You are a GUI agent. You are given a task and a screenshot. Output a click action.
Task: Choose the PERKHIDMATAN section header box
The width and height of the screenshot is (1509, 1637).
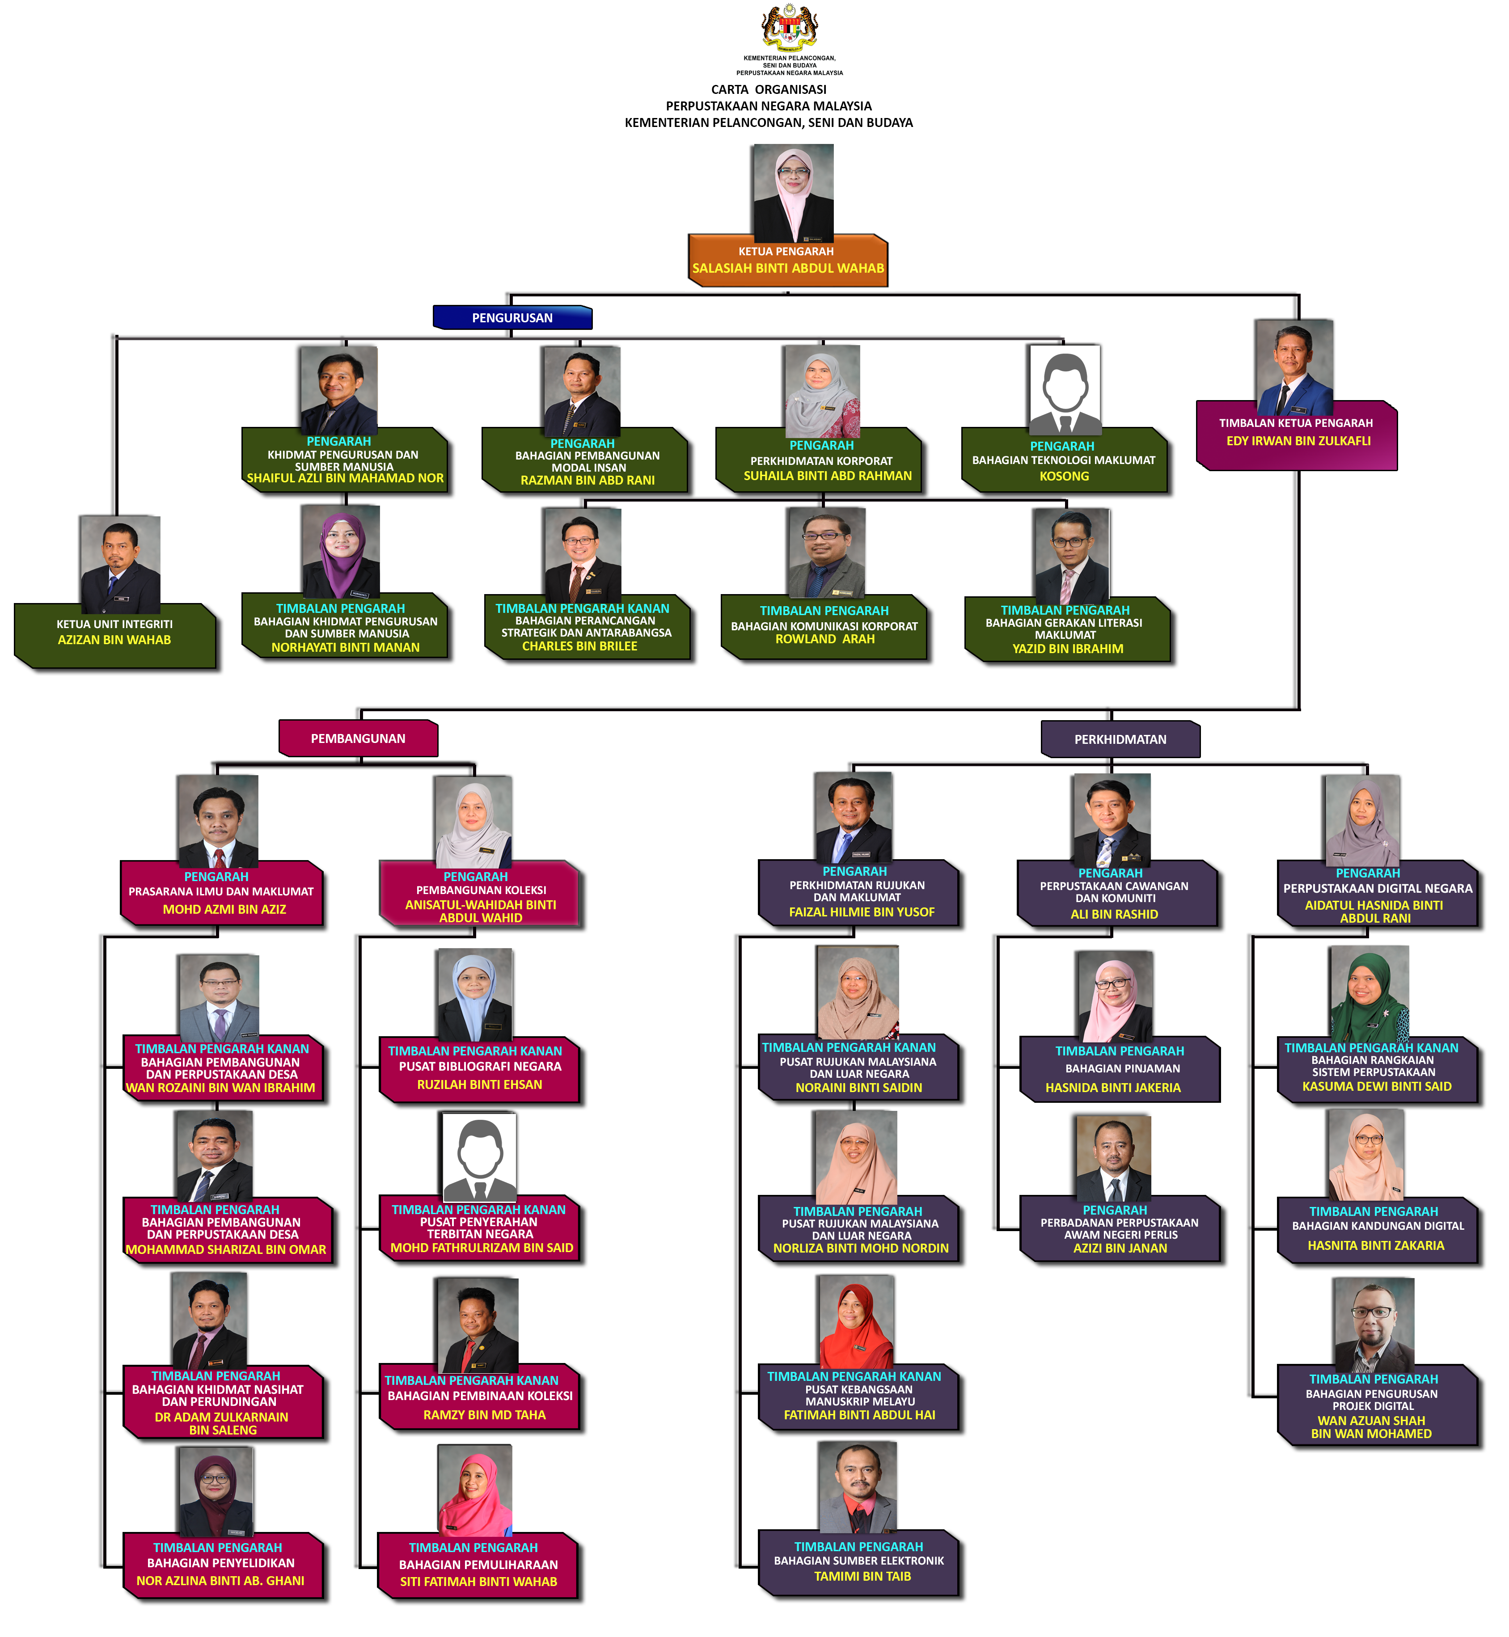coord(1120,739)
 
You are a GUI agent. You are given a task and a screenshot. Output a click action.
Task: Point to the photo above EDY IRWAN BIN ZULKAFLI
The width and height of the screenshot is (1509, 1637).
coord(1294,367)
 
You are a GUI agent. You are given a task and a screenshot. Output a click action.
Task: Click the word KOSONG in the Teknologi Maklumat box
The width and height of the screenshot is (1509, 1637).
coord(1064,476)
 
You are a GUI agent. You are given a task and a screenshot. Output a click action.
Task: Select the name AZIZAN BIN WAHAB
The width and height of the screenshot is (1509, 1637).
coord(114,640)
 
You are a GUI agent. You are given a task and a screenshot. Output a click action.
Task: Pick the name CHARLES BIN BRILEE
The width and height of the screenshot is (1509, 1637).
coord(580,646)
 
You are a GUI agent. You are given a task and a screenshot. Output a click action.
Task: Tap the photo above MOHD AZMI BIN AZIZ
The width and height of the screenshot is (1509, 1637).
coord(218,821)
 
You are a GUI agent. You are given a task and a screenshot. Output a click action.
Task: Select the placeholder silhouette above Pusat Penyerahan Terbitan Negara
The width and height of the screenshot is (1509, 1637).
coord(479,1158)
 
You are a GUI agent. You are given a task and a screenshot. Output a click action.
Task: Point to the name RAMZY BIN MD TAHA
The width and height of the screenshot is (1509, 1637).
coord(484,1415)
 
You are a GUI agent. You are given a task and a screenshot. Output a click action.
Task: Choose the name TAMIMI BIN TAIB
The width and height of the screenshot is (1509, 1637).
coord(862,1576)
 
